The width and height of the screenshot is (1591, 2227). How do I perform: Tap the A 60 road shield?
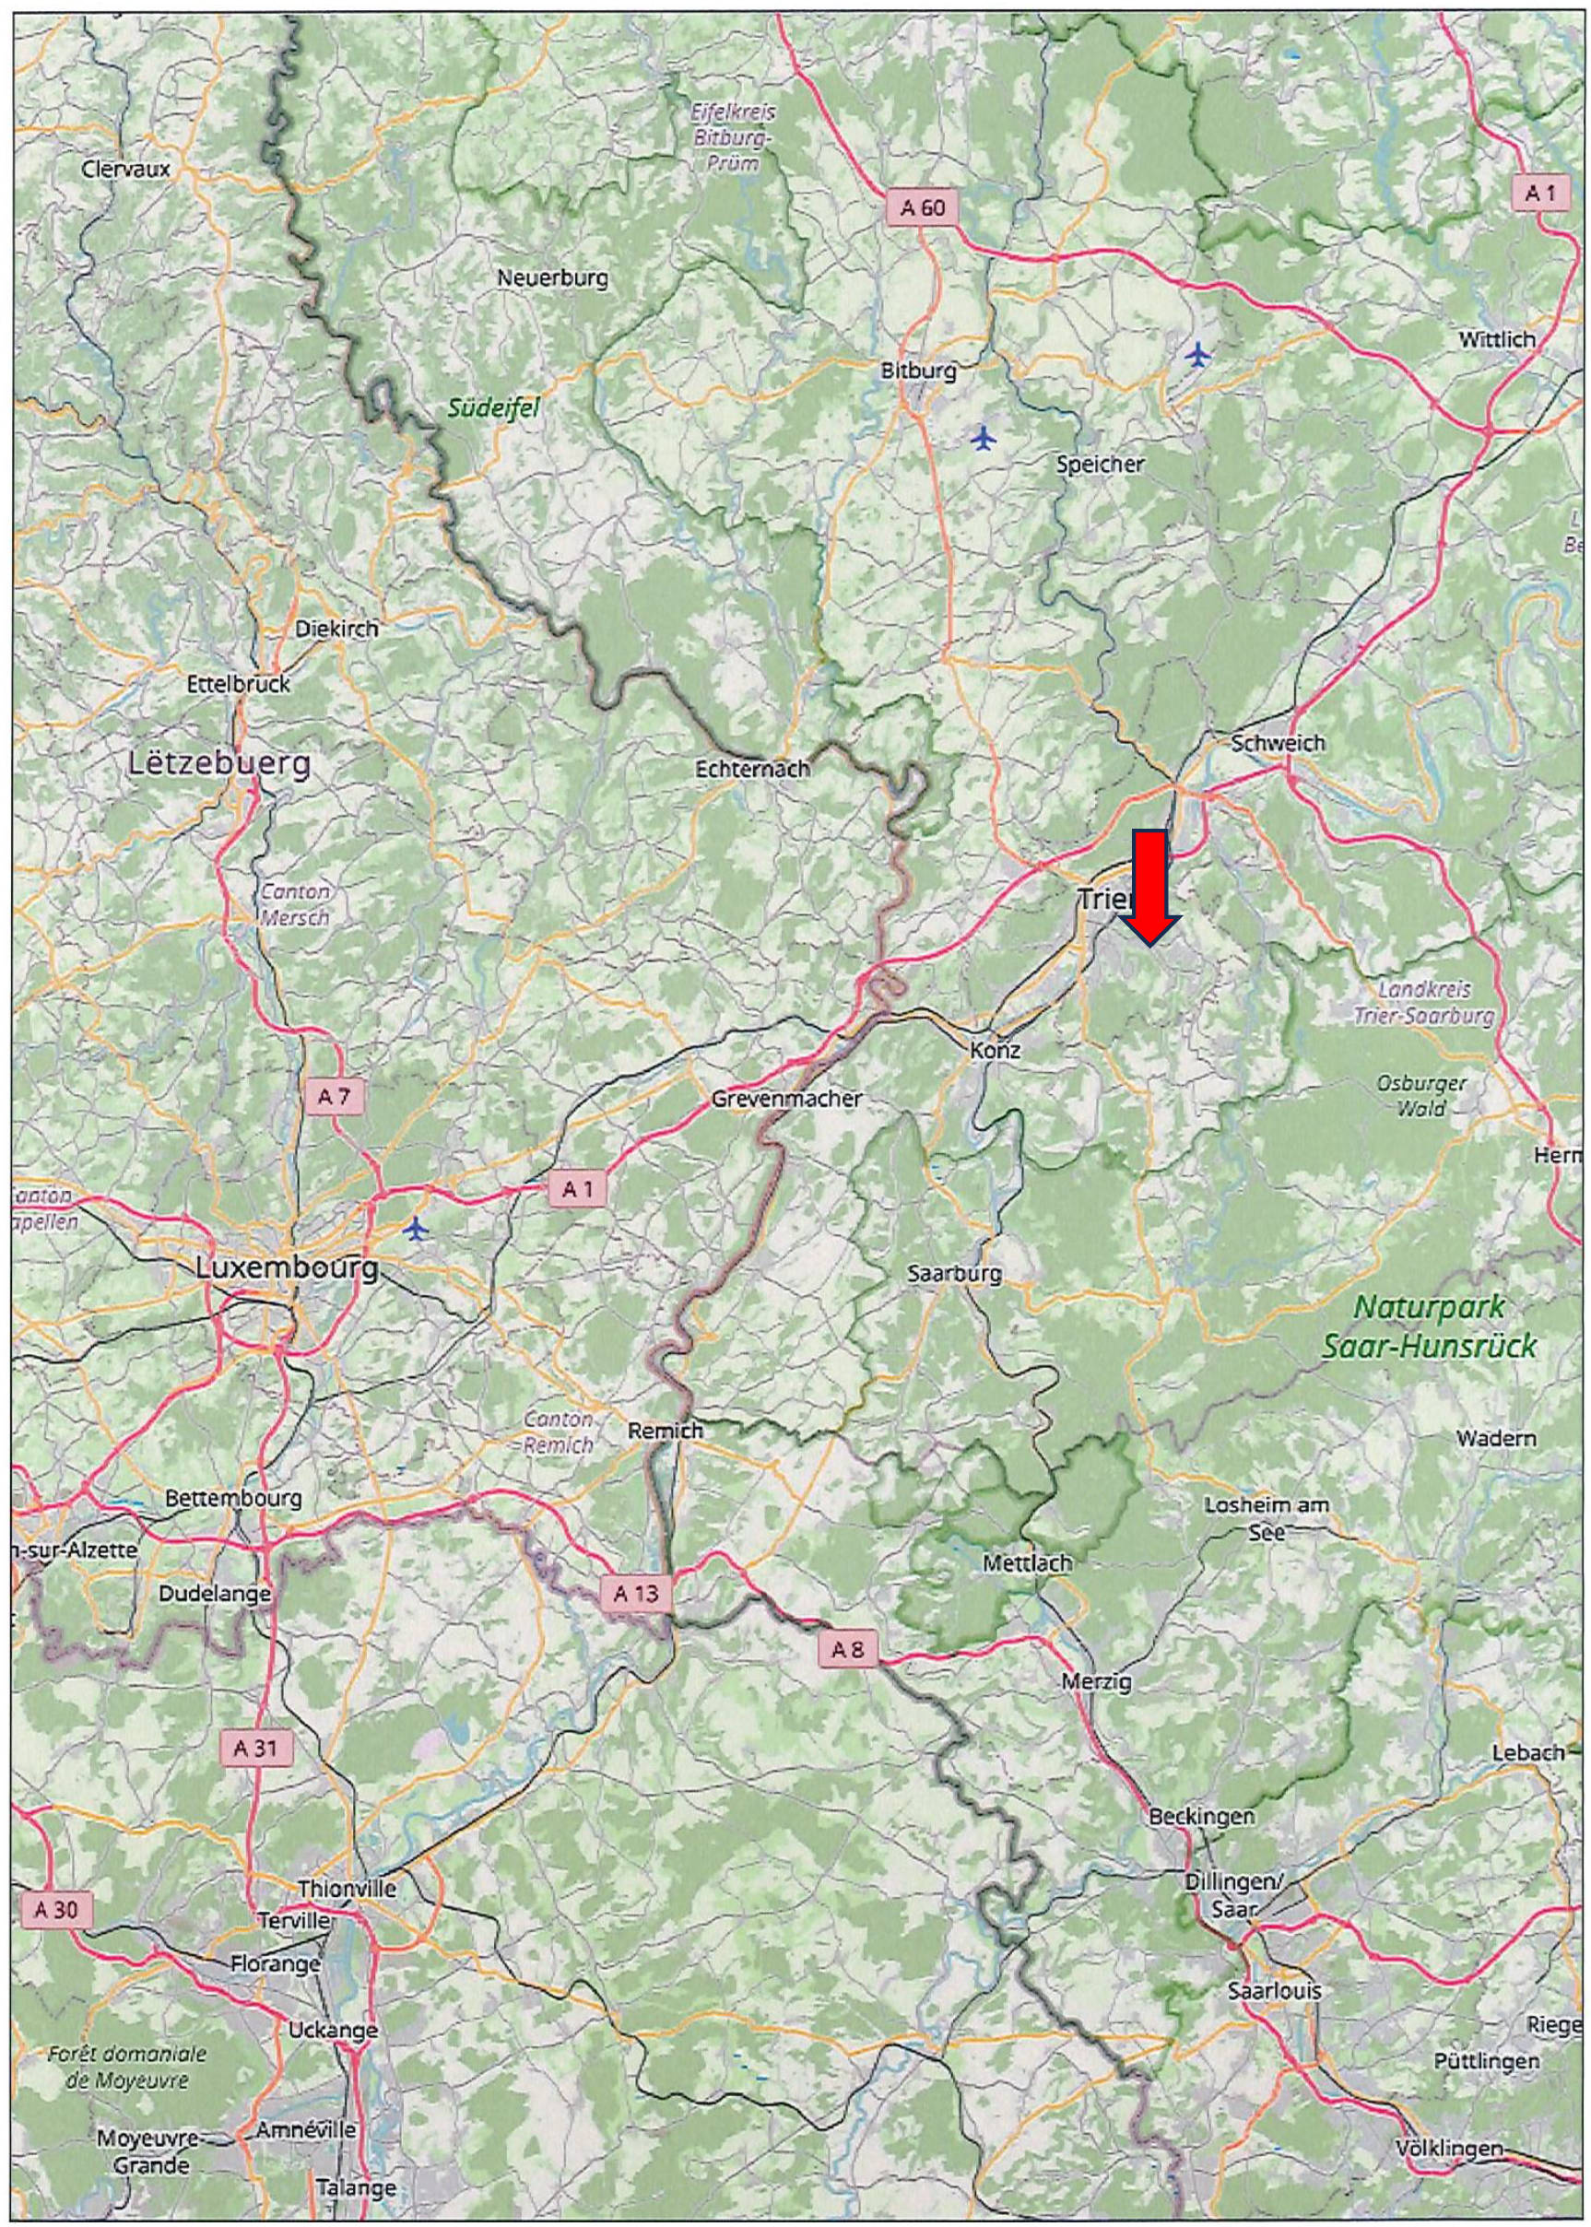pyautogui.click(x=923, y=207)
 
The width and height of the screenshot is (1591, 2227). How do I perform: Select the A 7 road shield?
pyautogui.click(x=333, y=1096)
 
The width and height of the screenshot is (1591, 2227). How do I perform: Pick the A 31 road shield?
pyautogui.click(x=255, y=1748)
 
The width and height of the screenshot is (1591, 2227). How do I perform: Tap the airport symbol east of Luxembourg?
pyautogui.click(x=418, y=1228)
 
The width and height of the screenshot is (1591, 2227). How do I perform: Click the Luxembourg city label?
pyautogui.click(x=286, y=1267)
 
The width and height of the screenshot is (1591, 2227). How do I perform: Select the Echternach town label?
pyautogui.click(x=752, y=769)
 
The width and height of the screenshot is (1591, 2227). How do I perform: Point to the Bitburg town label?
pyautogui.click(x=918, y=371)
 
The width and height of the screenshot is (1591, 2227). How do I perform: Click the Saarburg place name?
pyautogui.click(x=954, y=1274)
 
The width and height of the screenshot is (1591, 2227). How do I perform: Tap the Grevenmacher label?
pyautogui.click(x=786, y=1100)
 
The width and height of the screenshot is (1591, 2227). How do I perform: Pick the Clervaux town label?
pyautogui.click(x=126, y=169)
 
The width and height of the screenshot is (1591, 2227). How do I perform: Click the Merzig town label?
pyautogui.click(x=1096, y=1682)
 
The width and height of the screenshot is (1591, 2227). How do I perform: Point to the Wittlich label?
pyautogui.click(x=1497, y=339)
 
